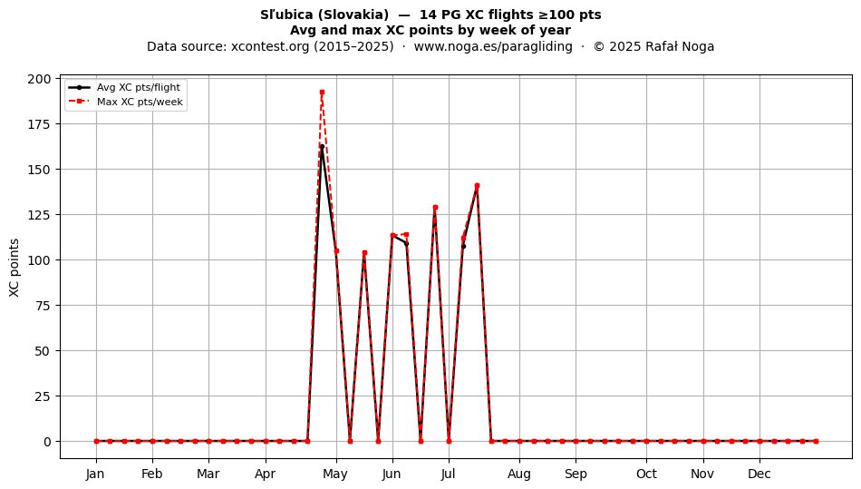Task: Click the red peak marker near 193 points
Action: (322, 93)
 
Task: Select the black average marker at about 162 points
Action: (322, 147)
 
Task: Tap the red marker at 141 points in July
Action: (477, 186)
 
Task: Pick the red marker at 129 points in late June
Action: (435, 208)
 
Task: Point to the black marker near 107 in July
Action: (463, 246)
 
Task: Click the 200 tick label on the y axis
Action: (39, 79)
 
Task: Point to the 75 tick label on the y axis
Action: (43, 306)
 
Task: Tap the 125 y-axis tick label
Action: (39, 215)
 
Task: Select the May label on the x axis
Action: (335, 474)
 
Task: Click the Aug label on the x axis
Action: (519, 474)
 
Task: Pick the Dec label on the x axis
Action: (760, 474)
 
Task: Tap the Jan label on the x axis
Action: (95, 474)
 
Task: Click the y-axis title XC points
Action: (15, 268)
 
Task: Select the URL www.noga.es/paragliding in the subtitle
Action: (493, 46)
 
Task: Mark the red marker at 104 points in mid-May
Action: (364, 253)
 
